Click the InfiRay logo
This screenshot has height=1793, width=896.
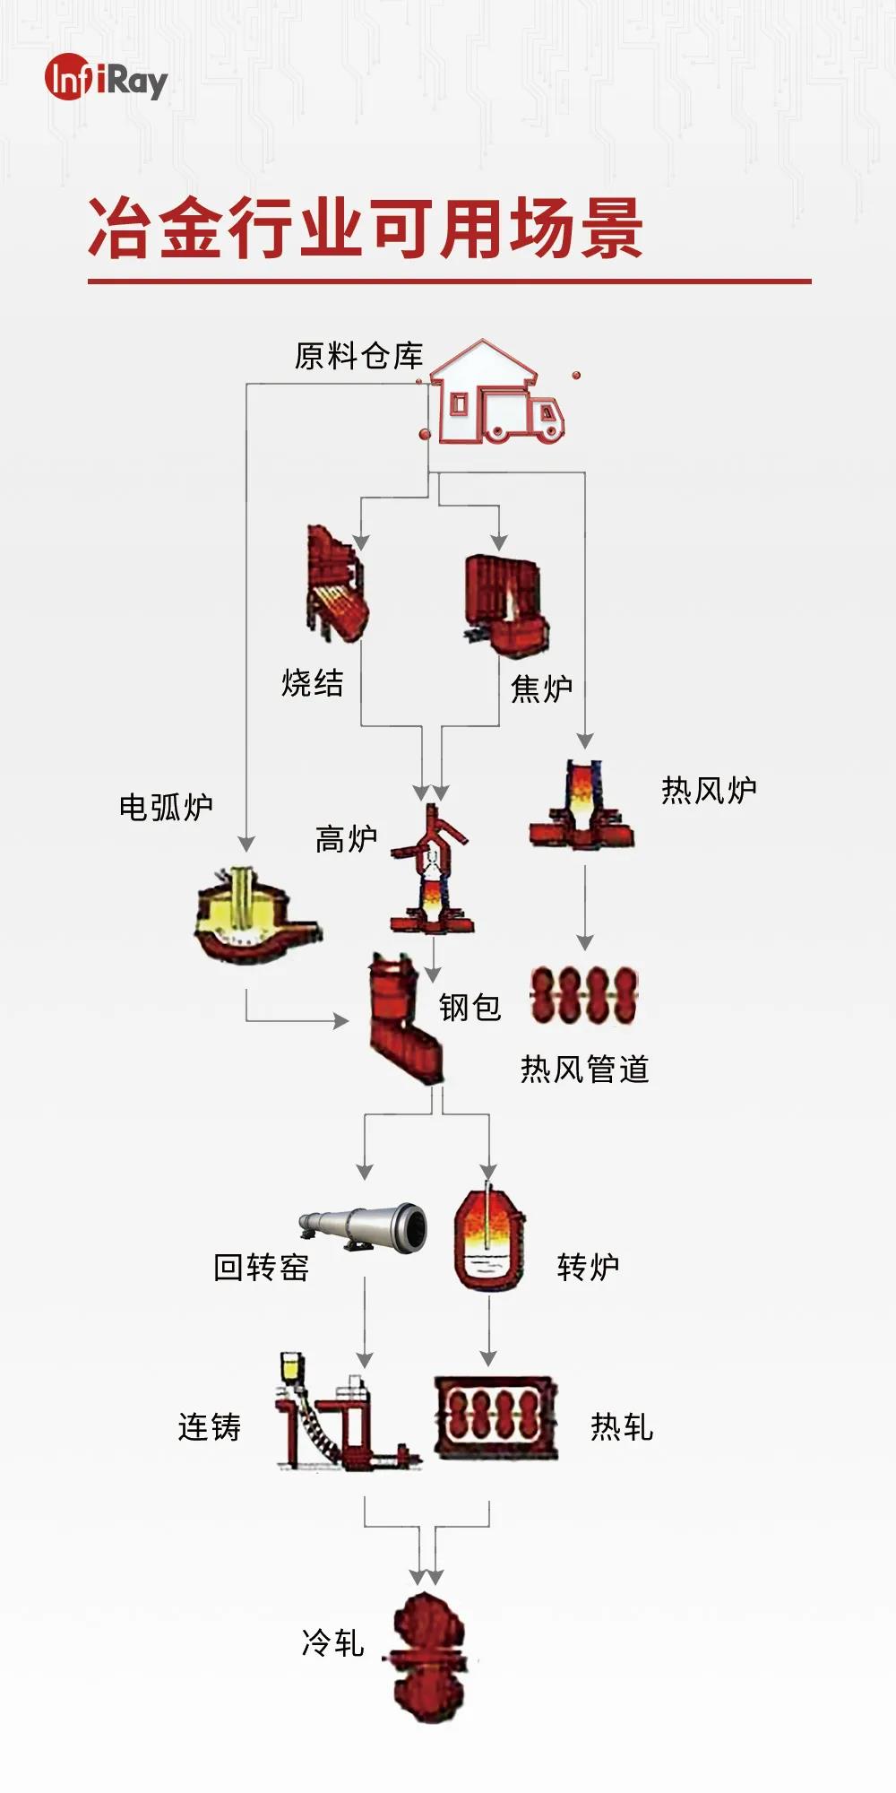[106, 80]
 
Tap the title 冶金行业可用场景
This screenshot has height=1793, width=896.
[366, 229]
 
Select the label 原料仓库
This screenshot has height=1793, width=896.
[358, 356]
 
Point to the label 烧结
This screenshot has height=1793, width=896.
[313, 683]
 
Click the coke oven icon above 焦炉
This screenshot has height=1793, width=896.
[505, 602]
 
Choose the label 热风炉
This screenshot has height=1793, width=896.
[709, 791]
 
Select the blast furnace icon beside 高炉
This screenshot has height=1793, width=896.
[431, 871]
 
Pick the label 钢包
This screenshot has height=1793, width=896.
[470, 1008]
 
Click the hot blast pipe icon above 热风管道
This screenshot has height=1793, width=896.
[583, 996]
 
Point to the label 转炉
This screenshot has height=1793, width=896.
[588, 1267]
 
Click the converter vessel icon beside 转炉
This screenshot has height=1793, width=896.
[488, 1240]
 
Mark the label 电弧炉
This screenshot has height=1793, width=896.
[167, 808]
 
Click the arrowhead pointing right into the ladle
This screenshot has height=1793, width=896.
[340, 1020]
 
